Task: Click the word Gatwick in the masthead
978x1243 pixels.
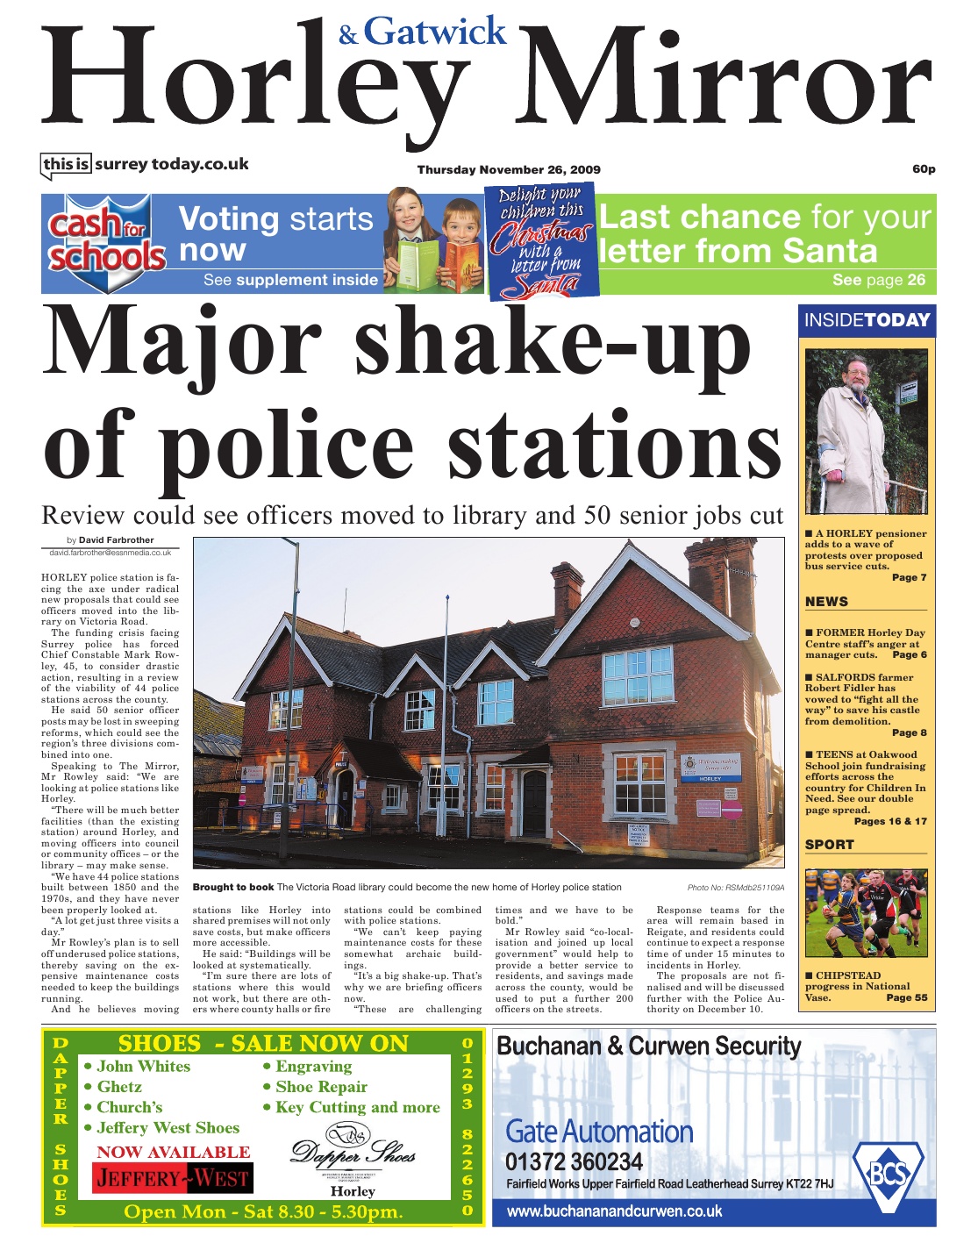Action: pos(435,32)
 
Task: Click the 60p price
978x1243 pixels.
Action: pos(924,168)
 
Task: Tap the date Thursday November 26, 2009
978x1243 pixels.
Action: pos(508,169)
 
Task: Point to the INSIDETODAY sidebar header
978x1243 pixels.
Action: pos(867,320)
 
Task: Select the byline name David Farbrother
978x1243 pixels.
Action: pos(116,540)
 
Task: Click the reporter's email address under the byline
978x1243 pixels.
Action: pos(111,553)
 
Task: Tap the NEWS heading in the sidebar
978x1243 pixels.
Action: pos(827,602)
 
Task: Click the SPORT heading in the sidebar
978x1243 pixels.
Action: pos(830,845)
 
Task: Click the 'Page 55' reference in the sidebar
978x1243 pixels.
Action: pos(906,997)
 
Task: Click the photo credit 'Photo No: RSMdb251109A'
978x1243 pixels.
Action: pos(735,888)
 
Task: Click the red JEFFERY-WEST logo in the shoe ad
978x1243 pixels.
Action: pos(172,1178)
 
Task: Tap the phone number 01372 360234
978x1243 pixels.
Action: pos(574,1162)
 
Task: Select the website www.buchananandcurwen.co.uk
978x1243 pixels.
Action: pos(614,1211)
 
